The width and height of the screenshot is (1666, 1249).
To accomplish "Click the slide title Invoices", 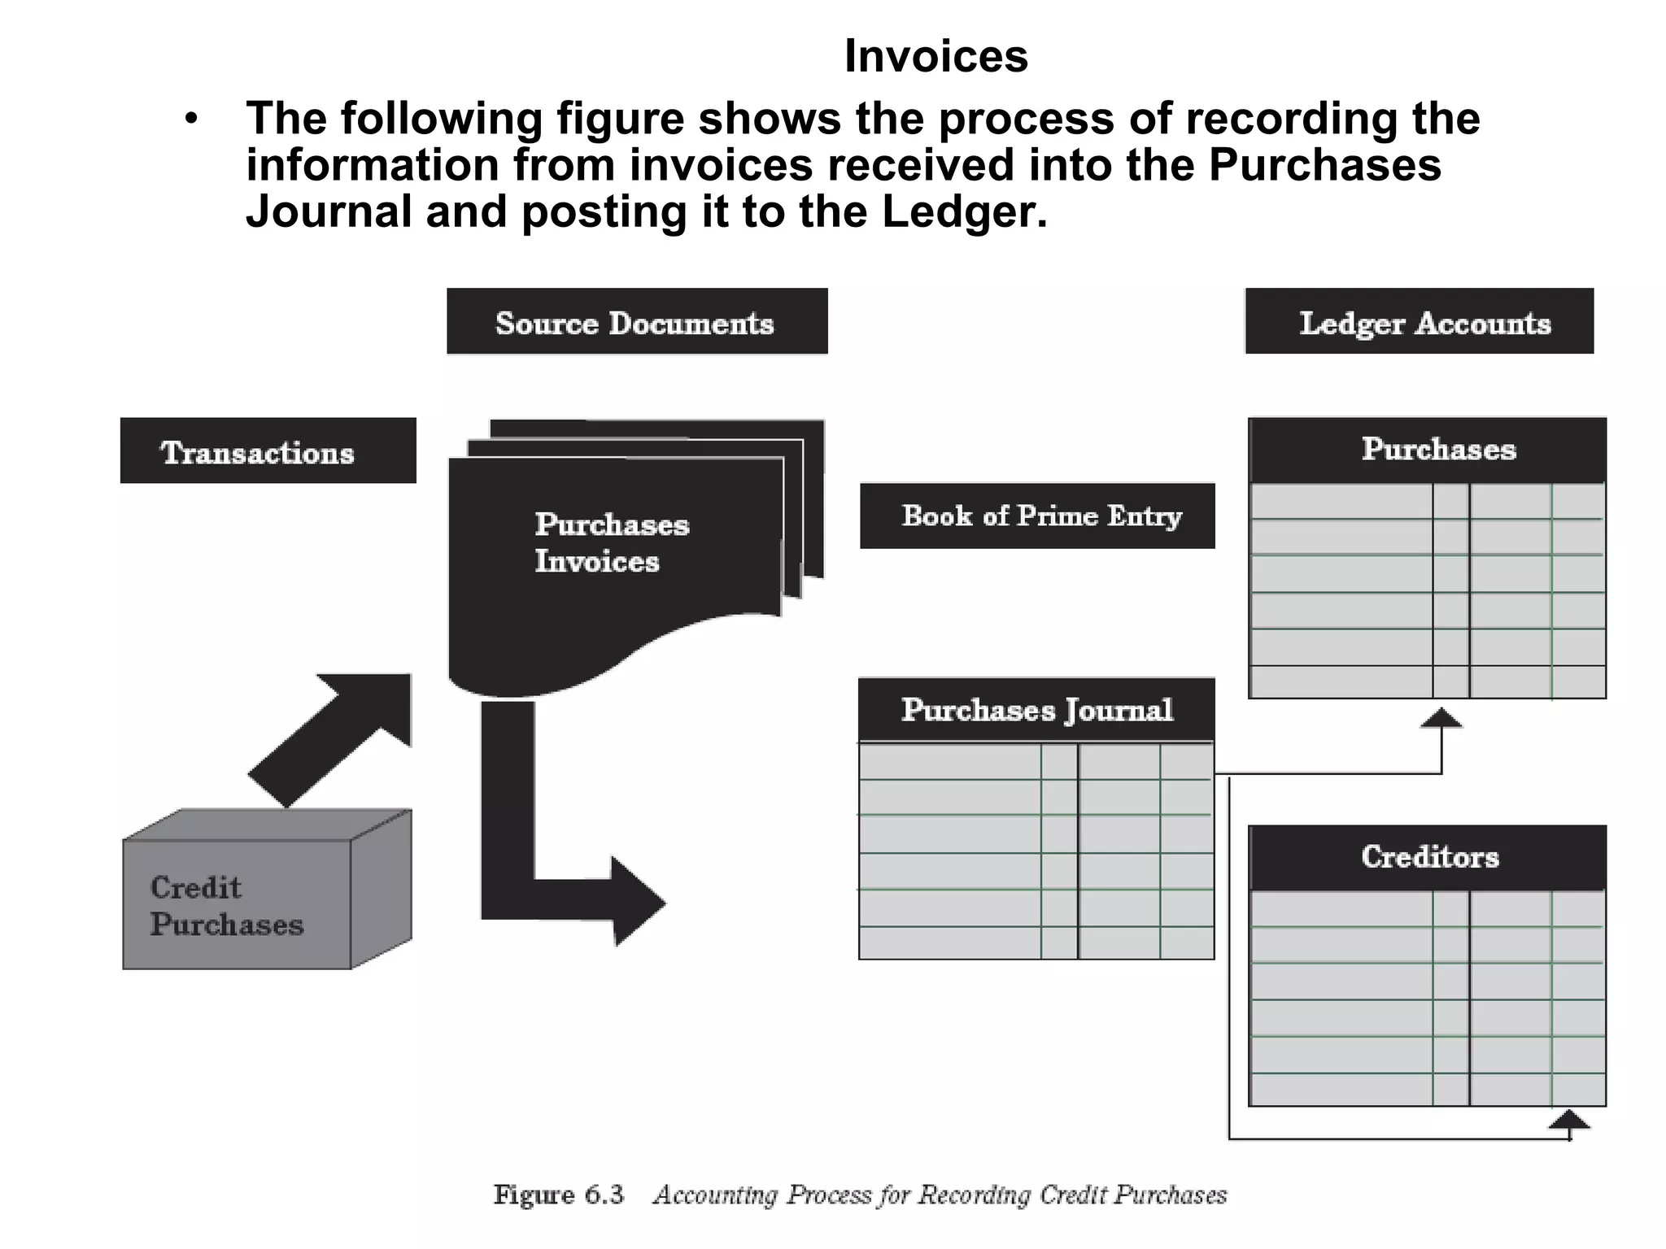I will [x=935, y=56].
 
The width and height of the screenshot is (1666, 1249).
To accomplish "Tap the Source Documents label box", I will [x=636, y=322].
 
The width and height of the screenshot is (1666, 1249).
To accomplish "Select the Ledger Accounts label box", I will [x=1419, y=322].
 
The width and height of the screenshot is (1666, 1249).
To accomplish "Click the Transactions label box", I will [x=268, y=451].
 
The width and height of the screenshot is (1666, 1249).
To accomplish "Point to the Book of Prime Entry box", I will [x=1037, y=516].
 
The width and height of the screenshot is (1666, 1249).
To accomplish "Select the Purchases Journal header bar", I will [x=1036, y=710].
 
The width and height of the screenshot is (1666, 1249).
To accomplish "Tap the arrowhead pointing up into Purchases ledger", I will [x=1441, y=718].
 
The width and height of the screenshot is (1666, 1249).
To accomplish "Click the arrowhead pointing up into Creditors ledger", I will [x=1568, y=1121].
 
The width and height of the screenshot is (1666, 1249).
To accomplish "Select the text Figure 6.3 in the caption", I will [x=558, y=1195].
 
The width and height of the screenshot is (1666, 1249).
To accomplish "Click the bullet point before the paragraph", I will [x=191, y=120].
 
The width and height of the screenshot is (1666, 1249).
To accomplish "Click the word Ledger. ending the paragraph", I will [x=965, y=211].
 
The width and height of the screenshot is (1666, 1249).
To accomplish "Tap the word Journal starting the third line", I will [x=329, y=211].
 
